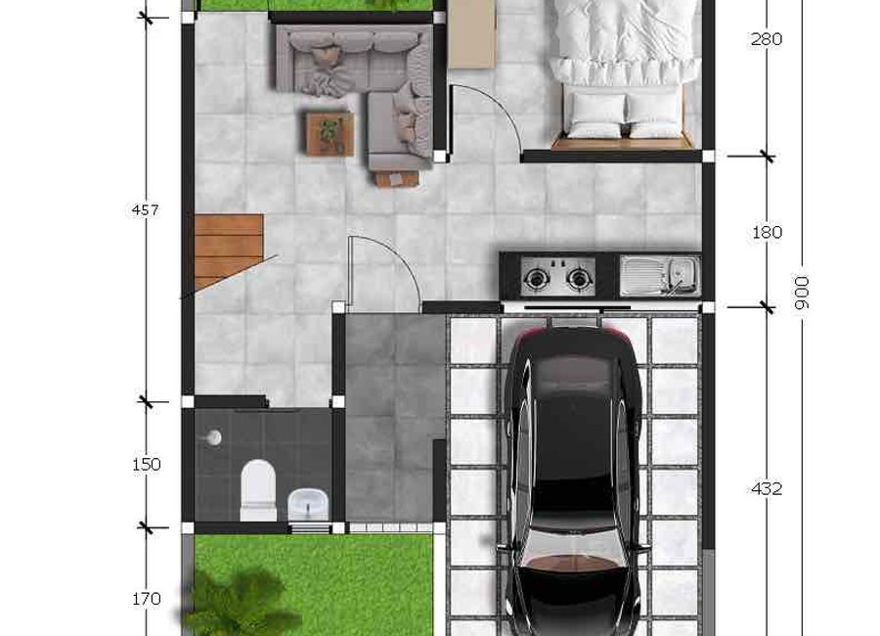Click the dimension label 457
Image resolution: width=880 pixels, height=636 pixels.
pyautogui.click(x=146, y=210)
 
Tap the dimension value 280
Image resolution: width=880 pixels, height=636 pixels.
pyautogui.click(x=766, y=39)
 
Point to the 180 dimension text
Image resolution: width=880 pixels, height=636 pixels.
pyautogui.click(x=767, y=232)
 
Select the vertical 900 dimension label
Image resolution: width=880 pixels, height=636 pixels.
pyautogui.click(x=802, y=293)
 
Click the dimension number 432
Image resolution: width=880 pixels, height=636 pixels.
pyautogui.click(x=766, y=489)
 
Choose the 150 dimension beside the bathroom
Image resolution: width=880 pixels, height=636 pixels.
pyautogui.click(x=147, y=465)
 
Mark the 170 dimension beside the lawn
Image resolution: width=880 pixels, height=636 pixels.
pyautogui.click(x=147, y=599)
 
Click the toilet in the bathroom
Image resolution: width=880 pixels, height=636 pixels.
pyautogui.click(x=258, y=490)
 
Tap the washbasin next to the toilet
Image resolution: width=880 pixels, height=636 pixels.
pyautogui.click(x=308, y=504)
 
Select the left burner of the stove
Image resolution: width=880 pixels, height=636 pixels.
pyautogui.click(x=534, y=278)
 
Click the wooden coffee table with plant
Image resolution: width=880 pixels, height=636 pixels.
pyautogui.click(x=330, y=133)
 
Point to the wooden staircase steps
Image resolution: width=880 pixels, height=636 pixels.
pyautogui.click(x=229, y=250)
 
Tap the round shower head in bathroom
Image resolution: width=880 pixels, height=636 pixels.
pyautogui.click(x=213, y=437)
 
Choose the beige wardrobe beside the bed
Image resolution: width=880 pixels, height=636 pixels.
pyautogui.click(x=472, y=33)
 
